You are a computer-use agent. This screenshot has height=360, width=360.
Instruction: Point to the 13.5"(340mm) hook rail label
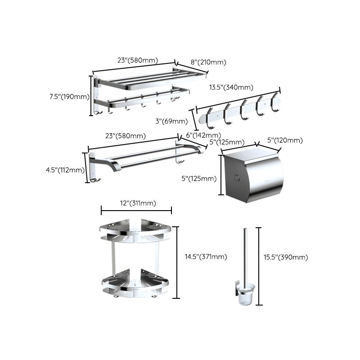[231, 87]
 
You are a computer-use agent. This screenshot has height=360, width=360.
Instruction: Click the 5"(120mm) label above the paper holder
[285, 141]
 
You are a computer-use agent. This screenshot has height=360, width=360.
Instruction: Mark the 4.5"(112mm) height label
[64, 170]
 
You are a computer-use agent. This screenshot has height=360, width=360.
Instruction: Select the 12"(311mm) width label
[135, 203]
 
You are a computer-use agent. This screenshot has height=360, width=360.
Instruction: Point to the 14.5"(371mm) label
[206, 257]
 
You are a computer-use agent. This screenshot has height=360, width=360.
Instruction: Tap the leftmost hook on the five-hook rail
[210, 114]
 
